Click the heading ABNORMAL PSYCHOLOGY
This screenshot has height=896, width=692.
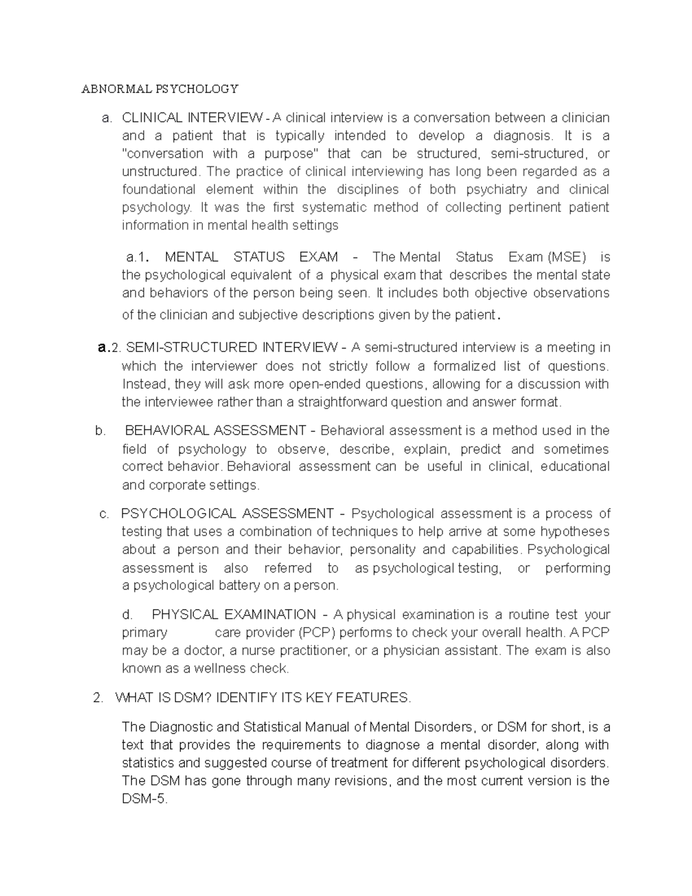[x=160, y=89]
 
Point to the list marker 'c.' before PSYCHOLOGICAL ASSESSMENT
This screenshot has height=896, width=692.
[x=104, y=513]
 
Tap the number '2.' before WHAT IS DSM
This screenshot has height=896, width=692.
[x=97, y=698]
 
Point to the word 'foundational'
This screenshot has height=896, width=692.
[x=159, y=189]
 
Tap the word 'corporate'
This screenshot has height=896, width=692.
[x=176, y=485]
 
